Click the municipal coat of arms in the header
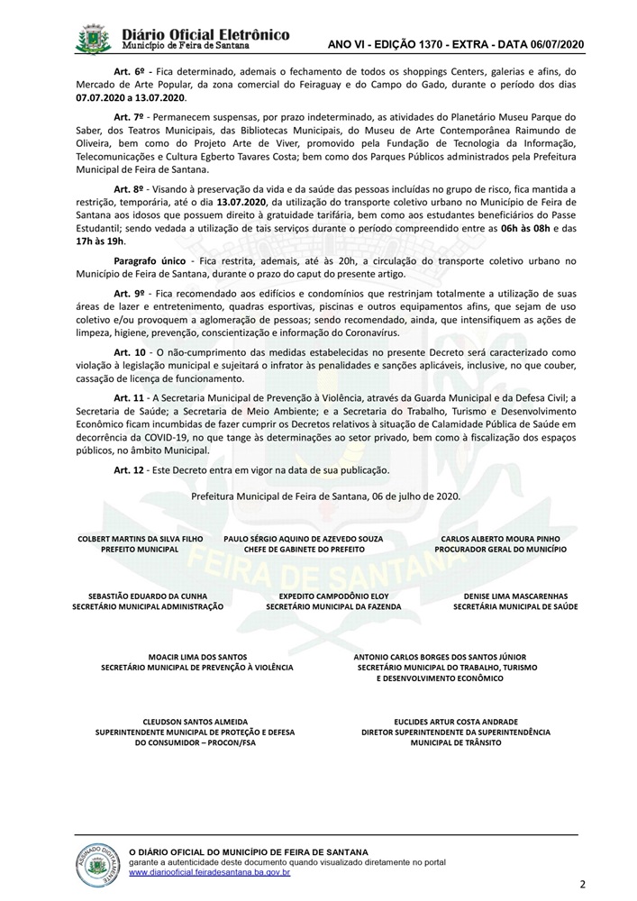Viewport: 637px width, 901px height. pos(95,41)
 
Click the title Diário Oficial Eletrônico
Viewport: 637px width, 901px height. pos(205,34)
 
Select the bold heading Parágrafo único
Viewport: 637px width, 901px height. pos(146,261)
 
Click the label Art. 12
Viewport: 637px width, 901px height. pos(128,470)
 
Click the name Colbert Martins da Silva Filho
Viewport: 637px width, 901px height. pos(141,539)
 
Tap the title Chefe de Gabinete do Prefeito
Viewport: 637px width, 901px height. pos(303,549)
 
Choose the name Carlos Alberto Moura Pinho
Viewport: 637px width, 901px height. pos(501,539)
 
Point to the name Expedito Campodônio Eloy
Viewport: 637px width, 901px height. pos(333,596)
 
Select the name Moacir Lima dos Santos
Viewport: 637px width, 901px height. pos(196,657)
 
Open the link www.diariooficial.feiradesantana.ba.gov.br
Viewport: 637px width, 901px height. pos(210,872)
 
